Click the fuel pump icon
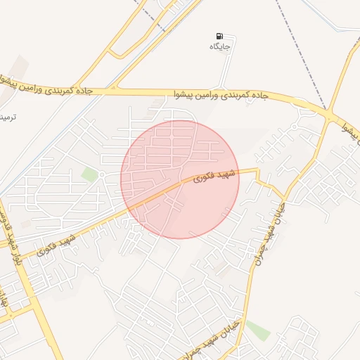click(221, 36)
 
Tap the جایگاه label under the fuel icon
click(220, 46)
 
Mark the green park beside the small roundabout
click(89, 174)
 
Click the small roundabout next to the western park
click(102, 174)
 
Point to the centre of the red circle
click(180, 179)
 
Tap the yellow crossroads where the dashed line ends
click(329, 115)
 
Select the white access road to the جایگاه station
click(229, 70)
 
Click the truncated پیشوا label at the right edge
click(351, 129)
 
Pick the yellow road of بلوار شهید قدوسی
click(28, 295)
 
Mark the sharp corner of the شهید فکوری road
click(257, 170)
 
